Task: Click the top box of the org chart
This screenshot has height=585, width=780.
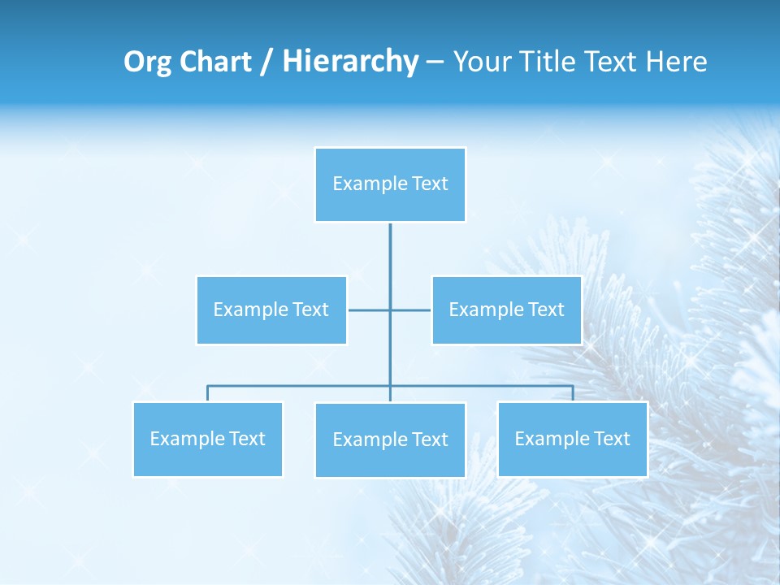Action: click(390, 184)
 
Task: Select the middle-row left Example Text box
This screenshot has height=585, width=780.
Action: click(271, 310)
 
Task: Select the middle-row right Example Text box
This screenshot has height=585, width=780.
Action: click(506, 310)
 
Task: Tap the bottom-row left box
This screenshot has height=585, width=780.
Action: click(208, 440)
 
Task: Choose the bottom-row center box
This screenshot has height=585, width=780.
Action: click(390, 440)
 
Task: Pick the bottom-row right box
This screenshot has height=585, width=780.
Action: click(572, 440)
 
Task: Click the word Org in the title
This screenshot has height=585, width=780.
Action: click(147, 63)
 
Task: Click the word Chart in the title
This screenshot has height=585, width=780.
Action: click(216, 63)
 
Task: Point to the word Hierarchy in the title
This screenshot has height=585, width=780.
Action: click(349, 63)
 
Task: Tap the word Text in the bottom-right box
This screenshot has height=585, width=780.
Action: click(611, 440)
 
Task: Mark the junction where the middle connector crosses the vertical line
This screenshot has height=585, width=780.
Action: click(390, 310)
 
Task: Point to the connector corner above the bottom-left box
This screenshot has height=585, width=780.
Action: click(208, 387)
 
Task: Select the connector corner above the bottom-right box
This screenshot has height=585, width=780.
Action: click(572, 387)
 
